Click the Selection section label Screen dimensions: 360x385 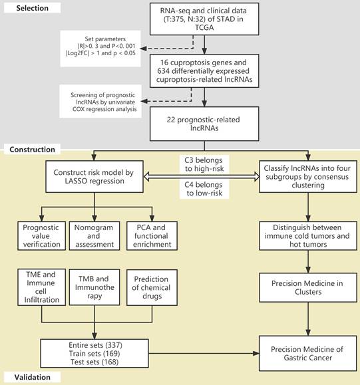(32, 8)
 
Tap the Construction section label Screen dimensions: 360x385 (32, 150)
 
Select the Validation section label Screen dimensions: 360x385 (32, 377)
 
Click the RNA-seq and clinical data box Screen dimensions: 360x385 (204, 19)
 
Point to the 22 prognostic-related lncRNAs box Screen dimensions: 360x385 (204, 124)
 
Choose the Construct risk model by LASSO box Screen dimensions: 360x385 (94, 176)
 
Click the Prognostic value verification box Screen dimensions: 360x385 (41, 236)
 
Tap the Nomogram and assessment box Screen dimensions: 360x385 (94, 236)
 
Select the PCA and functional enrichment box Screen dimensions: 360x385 (152, 236)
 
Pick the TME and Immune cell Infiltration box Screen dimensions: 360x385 (41, 287)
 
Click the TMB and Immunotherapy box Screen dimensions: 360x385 (94, 287)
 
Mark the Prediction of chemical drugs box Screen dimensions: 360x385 (152, 287)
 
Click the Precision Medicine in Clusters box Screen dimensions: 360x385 (308, 287)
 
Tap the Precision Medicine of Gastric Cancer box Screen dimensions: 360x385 (308, 353)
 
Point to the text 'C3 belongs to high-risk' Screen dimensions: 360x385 (204, 164)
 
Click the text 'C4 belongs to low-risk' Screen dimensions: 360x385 (204, 189)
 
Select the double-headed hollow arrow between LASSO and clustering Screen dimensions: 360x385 (201, 176)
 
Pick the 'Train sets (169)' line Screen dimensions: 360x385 (94, 354)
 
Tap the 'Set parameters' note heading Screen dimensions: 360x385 (105, 39)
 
